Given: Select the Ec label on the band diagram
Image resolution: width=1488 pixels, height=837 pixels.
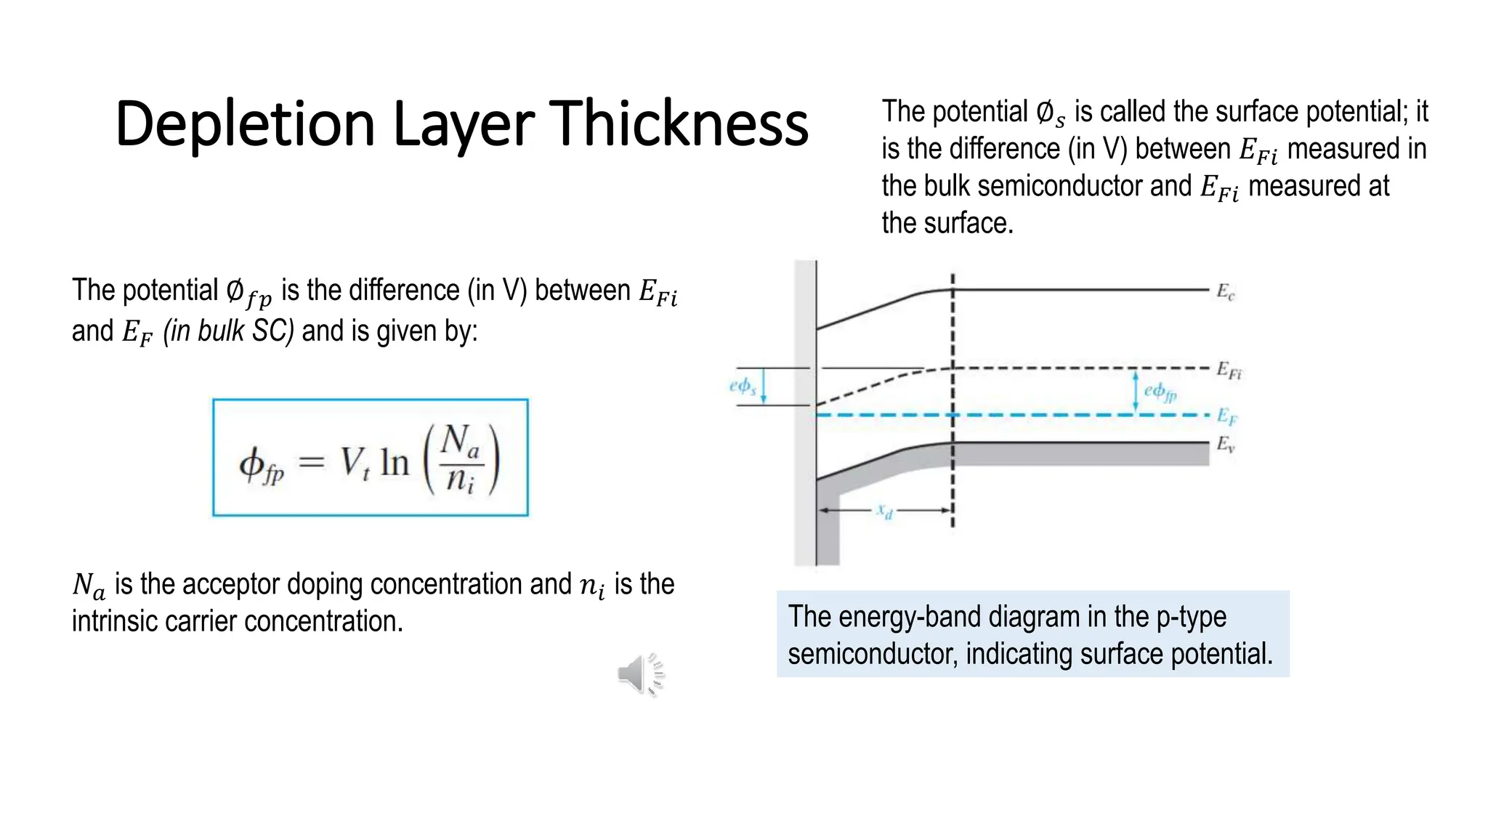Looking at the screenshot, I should [1225, 292].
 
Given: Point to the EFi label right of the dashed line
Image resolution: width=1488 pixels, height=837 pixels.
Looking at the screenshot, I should [1229, 371].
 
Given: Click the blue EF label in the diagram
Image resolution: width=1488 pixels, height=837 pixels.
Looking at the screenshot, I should [1226, 416].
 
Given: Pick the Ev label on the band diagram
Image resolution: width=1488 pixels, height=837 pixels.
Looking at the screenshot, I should [1225, 444].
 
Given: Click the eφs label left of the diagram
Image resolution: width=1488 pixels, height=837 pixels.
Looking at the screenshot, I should [743, 386].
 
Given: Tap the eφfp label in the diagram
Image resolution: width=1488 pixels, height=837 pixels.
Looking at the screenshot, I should [1160, 392].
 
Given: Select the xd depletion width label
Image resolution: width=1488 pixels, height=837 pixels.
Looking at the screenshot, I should [884, 511].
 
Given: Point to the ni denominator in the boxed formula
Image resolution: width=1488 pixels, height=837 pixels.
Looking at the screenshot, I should [460, 480].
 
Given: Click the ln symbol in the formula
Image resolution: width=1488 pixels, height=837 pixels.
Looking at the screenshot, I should [395, 462].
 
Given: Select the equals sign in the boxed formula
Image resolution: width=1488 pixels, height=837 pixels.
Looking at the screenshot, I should [311, 462].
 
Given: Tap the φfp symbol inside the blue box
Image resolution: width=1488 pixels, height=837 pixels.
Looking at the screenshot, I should [261, 464].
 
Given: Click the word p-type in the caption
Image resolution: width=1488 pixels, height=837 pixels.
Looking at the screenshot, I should [1191, 617].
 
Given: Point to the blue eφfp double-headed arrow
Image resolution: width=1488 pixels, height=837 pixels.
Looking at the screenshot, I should [1136, 392].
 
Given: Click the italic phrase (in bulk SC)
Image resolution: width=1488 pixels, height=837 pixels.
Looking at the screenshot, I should [228, 331].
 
